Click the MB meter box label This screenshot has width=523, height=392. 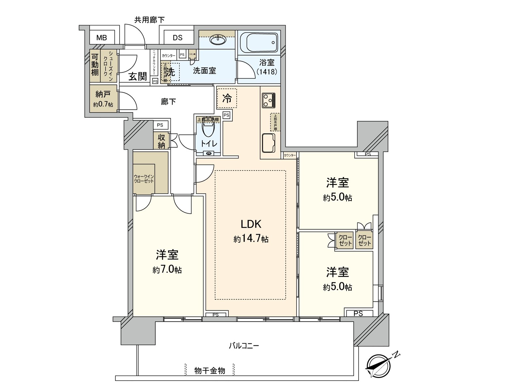pyautogui.click(x=102, y=38)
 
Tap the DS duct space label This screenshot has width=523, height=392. pyautogui.click(x=177, y=38)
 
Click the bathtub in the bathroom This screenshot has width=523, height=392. pyautogui.click(x=259, y=42)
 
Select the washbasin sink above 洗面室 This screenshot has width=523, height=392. pyautogui.click(x=217, y=40)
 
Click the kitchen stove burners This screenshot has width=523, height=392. pyautogui.click(x=269, y=100)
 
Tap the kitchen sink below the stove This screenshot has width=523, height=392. pyautogui.click(x=269, y=143)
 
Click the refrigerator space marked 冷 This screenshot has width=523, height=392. pyautogui.click(x=227, y=98)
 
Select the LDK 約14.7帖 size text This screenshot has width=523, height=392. pyautogui.click(x=251, y=239)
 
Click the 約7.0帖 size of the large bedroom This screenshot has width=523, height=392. pyautogui.click(x=167, y=270)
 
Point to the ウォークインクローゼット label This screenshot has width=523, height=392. pyautogui.click(x=144, y=179)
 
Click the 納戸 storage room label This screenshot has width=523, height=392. pyautogui.click(x=103, y=94)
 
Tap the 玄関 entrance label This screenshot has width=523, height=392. pyautogui.click(x=137, y=77)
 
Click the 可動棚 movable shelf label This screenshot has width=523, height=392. pyautogui.click(x=95, y=64)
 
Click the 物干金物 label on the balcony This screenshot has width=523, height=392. pyautogui.click(x=210, y=371)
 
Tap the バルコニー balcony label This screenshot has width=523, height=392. pyautogui.click(x=244, y=346)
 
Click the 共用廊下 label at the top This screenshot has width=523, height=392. pyautogui.click(x=149, y=20)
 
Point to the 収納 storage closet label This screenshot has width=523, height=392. pyautogui.click(x=161, y=141)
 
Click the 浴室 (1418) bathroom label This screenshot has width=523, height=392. pyautogui.click(x=267, y=67)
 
